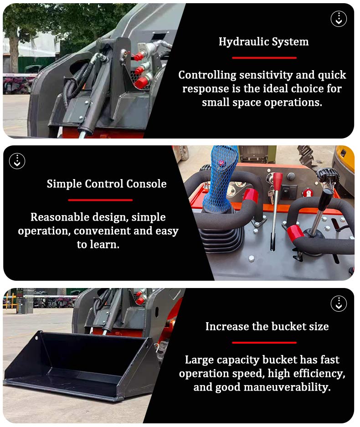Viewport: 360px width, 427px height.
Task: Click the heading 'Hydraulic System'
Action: coord(263,42)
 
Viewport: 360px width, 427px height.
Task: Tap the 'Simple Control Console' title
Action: coord(106,184)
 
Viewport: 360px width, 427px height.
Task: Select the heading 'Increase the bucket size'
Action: coord(267,327)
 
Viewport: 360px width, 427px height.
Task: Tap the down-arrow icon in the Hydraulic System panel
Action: coord(339,19)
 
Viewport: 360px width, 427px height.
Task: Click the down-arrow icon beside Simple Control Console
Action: coord(17,161)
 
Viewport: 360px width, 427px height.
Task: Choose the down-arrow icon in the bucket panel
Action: coord(339,304)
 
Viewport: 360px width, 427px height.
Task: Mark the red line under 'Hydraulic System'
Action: coord(264,58)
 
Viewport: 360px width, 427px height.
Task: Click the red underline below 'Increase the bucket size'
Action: coord(264,342)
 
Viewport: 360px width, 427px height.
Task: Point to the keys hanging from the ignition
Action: coord(271,196)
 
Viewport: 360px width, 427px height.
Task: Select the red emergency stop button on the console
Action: coord(308,193)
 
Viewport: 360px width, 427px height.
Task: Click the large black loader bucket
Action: coord(77,365)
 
